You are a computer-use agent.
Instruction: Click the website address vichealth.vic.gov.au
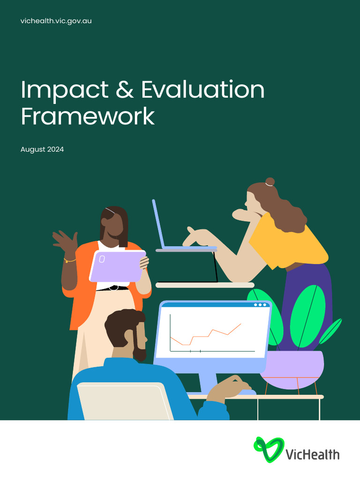point(56,21)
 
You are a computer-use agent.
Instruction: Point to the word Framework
point(88,116)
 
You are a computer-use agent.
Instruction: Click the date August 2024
point(42,150)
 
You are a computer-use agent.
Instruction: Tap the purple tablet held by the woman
point(117,265)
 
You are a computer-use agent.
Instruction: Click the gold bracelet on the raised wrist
point(69,260)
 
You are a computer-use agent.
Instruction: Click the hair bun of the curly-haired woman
point(270,182)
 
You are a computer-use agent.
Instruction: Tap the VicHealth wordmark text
point(312,453)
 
